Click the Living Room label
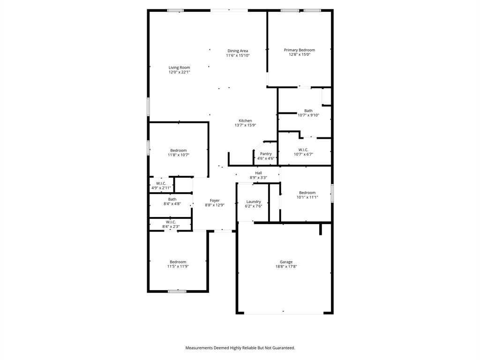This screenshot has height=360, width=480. (180, 67)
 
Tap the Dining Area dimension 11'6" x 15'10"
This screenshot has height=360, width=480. (238, 55)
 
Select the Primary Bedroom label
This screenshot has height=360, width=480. (300, 50)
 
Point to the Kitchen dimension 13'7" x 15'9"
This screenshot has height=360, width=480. (245, 125)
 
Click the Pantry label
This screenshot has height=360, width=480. (266, 154)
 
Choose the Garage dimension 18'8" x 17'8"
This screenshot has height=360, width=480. (286, 266)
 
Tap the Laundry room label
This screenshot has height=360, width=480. (254, 202)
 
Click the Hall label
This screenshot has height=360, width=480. (258, 173)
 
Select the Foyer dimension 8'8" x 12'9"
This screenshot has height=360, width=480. (215, 205)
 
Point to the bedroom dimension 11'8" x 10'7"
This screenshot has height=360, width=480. (178, 155)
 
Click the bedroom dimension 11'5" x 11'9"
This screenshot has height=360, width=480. (178, 266)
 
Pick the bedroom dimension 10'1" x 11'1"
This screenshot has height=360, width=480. (307, 197)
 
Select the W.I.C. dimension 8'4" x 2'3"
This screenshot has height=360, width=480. (171, 226)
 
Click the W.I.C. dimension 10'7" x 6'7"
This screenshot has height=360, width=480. (303, 154)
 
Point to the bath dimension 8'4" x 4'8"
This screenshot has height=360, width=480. (172, 204)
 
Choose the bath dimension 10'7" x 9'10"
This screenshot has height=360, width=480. (308, 115)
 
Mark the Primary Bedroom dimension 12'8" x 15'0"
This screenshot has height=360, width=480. (300, 54)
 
